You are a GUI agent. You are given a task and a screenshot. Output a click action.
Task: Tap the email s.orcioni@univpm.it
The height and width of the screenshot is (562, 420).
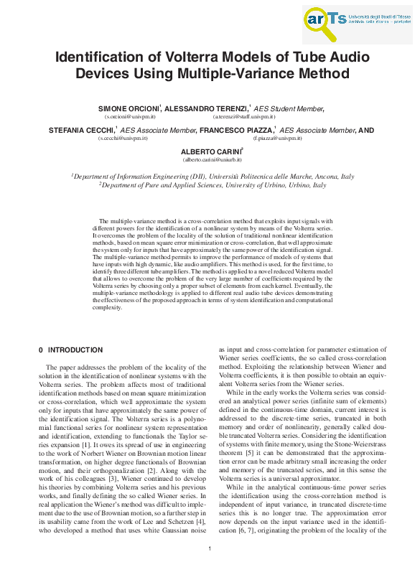pyautogui.click(x=130, y=116)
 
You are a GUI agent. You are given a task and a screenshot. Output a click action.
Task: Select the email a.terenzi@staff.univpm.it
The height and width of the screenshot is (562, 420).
pyautogui.click(x=243, y=116)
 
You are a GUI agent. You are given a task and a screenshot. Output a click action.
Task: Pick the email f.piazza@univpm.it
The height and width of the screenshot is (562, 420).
pyautogui.click(x=277, y=137)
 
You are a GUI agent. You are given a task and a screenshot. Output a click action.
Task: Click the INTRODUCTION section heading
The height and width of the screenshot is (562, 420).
pyautogui.click(x=75, y=350)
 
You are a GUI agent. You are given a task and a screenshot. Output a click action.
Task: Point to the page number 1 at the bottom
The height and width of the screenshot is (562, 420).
pyautogui.click(x=210, y=549)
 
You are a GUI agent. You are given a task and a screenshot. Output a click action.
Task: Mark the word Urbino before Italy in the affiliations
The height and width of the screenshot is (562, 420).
pyautogui.click(x=296, y=184)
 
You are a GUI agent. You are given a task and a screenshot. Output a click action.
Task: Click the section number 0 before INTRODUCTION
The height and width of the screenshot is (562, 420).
pyautogui.click(x=40, y=350)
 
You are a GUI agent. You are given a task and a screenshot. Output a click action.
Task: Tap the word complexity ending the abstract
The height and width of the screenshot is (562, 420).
pyautogui.click(x=108, y=307)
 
